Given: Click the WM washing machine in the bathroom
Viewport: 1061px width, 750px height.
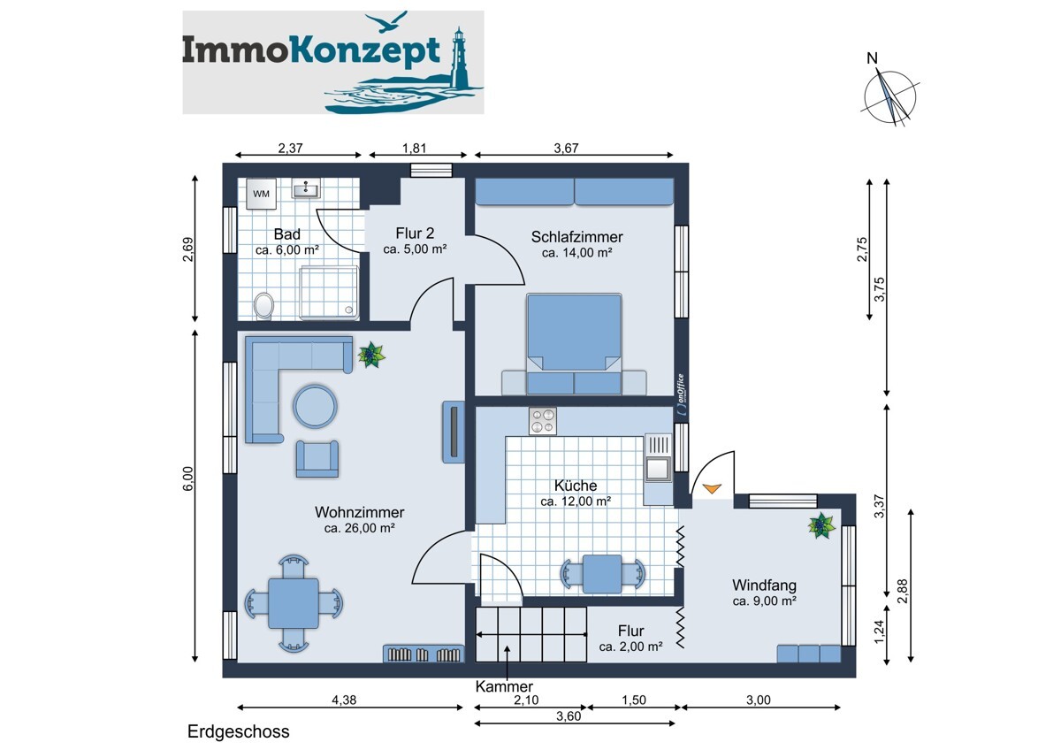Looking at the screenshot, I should pyautogui.click(x=262, y=194).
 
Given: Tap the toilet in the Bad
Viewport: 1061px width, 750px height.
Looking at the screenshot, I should pyautogui.click(x=263, y=306).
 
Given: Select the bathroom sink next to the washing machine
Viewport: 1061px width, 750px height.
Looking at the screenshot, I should pyautogui.click(x=309, y=188).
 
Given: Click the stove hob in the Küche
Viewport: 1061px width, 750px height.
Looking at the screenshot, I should pyautogui.click(x=542, y=421).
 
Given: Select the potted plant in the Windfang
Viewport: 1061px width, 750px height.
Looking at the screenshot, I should pyautogui.click(x=821, y=527).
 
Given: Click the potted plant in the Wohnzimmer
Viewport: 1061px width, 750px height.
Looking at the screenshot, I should pyautogui.click(x=370, y=356).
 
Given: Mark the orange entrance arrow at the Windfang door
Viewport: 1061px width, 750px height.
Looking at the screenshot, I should pyautogui.click(x=711, y=487).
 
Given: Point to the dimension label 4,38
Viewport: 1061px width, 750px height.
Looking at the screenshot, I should pyautogui.click(x=345, y=700).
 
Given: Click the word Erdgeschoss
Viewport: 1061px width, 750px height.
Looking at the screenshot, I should pyautogui.click(x=238, y=732).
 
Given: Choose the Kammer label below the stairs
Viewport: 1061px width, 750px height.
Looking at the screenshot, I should pyautogui.click(x=503, y=686).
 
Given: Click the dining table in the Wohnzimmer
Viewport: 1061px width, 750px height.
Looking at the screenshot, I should pyautogui.click(x=294, y=603).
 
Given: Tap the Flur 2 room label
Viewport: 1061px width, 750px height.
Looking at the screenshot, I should pyautogui.click(x=415, y=233).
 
